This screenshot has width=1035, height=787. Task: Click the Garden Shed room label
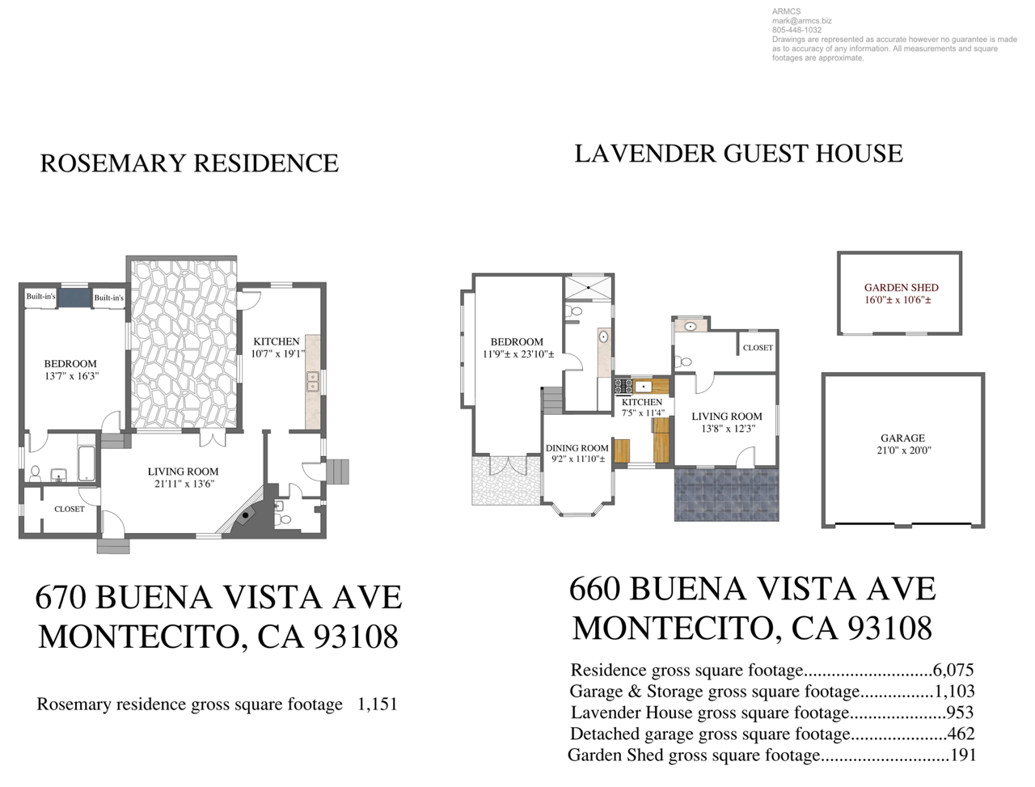[900, 287]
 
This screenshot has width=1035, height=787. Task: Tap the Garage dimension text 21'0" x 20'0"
[903, 451]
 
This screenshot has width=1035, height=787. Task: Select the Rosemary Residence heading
[189, 163]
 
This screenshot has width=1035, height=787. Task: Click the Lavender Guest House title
[738, 154]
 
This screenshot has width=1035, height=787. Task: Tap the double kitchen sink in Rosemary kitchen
[312, 382]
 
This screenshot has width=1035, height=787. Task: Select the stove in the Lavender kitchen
[623, 387]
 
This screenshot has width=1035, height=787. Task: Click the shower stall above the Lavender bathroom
[588, 287]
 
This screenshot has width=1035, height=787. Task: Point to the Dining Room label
[577, 448]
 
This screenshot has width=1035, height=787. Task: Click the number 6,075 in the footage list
[953, 670]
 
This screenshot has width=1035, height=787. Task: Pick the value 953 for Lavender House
[960, 712]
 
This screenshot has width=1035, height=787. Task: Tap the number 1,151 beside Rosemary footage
[378, 704]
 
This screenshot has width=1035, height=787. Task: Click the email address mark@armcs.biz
[801, 21]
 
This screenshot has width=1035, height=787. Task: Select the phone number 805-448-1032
[797, 30]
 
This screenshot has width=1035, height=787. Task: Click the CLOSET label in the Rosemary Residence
[70, 510]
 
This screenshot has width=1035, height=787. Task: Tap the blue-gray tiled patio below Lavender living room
[726, 494]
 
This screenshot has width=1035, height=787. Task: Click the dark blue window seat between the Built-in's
[74, 298]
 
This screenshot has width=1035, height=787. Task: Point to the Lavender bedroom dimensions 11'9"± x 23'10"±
[518, 354]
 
